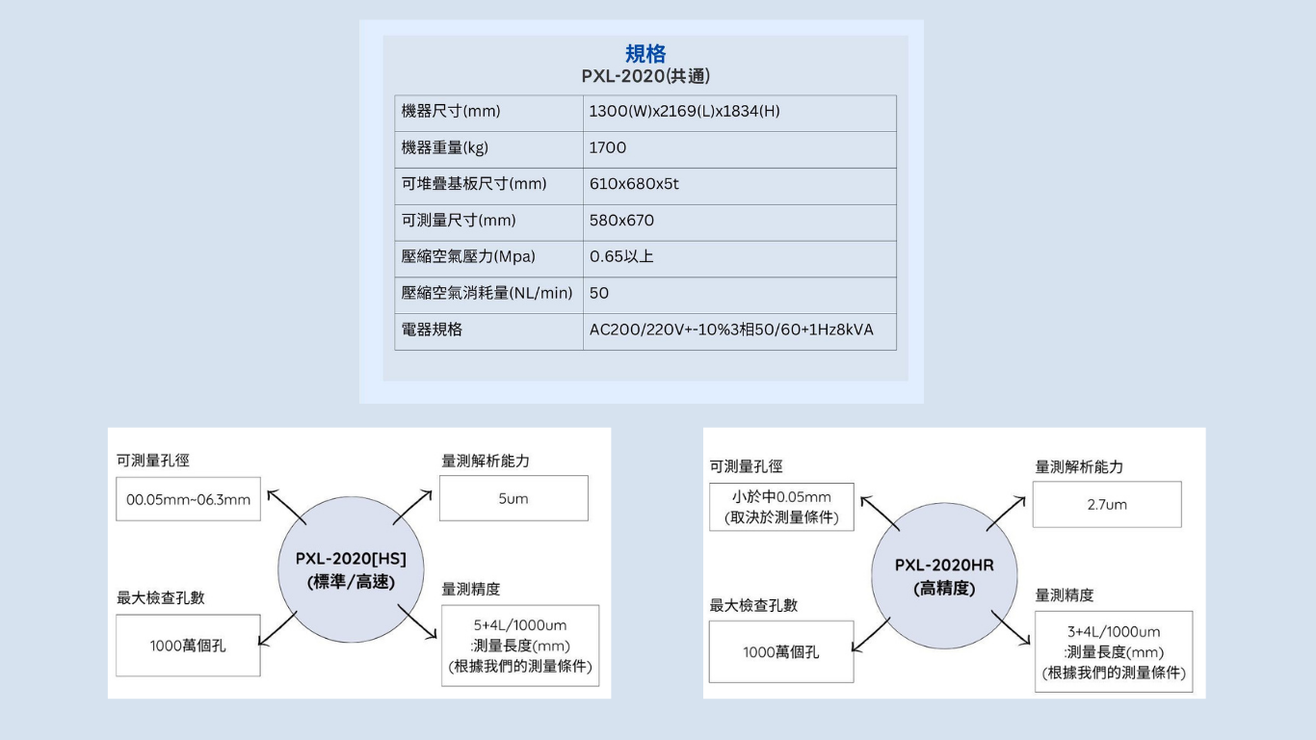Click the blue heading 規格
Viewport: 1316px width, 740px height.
(645, 54)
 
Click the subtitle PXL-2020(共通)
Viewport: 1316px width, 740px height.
(645, 76)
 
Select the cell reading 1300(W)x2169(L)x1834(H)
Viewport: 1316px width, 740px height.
(684, 111)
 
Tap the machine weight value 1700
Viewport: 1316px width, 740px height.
(608, 147)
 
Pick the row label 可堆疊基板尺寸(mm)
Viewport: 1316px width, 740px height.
(474, 184)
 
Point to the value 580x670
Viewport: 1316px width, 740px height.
(621, 221)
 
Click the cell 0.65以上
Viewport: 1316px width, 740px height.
(621, 256)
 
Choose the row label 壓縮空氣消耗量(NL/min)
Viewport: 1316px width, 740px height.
(487, 293)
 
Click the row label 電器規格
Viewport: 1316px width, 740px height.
(432, 330)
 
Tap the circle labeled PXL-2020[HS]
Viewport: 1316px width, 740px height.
(351, 569)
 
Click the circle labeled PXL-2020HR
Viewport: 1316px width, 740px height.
(944, 575)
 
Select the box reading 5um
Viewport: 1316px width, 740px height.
(513, 498)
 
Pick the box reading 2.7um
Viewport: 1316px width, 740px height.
(1107, 504)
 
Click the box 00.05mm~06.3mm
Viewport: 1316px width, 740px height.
(188, 499)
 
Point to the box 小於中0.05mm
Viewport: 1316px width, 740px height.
(781, 507)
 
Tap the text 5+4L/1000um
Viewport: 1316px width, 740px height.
(520, 624)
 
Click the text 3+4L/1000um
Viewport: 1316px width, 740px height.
(1114, 632)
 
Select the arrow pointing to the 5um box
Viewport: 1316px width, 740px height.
(412, 507)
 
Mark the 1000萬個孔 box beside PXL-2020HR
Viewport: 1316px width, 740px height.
(781, 651)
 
